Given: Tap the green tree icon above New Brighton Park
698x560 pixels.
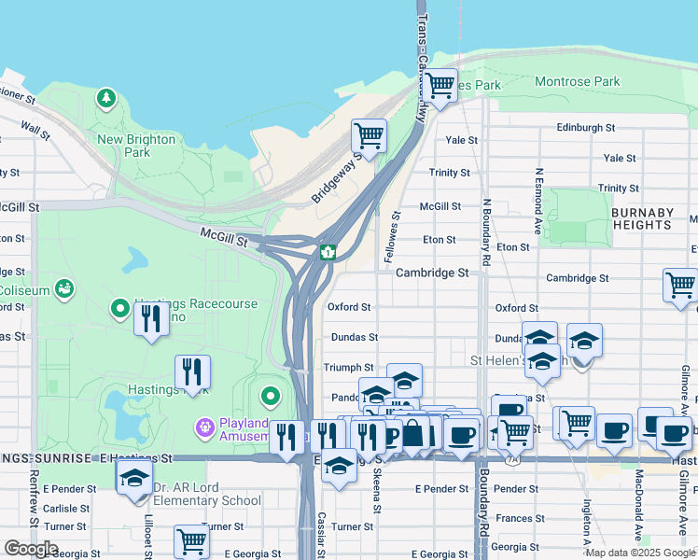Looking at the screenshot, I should (x=106, y=97).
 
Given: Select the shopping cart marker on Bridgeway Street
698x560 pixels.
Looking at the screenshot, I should (x=370, y=135).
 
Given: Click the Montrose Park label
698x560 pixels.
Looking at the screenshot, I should (x=578, y=82).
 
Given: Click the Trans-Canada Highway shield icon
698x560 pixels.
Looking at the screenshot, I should (x=328, y=252).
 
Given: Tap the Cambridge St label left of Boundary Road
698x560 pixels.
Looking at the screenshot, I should (x=431, y=273).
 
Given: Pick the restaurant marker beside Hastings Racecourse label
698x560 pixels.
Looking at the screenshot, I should (x=151, y=317).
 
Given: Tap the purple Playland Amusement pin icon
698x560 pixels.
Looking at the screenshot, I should (x=204, y=428).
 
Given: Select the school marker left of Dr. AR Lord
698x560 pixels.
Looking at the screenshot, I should (x=134, y=479).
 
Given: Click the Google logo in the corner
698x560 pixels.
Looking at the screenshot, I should (x=31, y=549).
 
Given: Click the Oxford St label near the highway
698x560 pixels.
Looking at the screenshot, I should (x=349, y=307).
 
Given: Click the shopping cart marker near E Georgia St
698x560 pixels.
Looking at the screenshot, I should (x=191, y=540).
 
